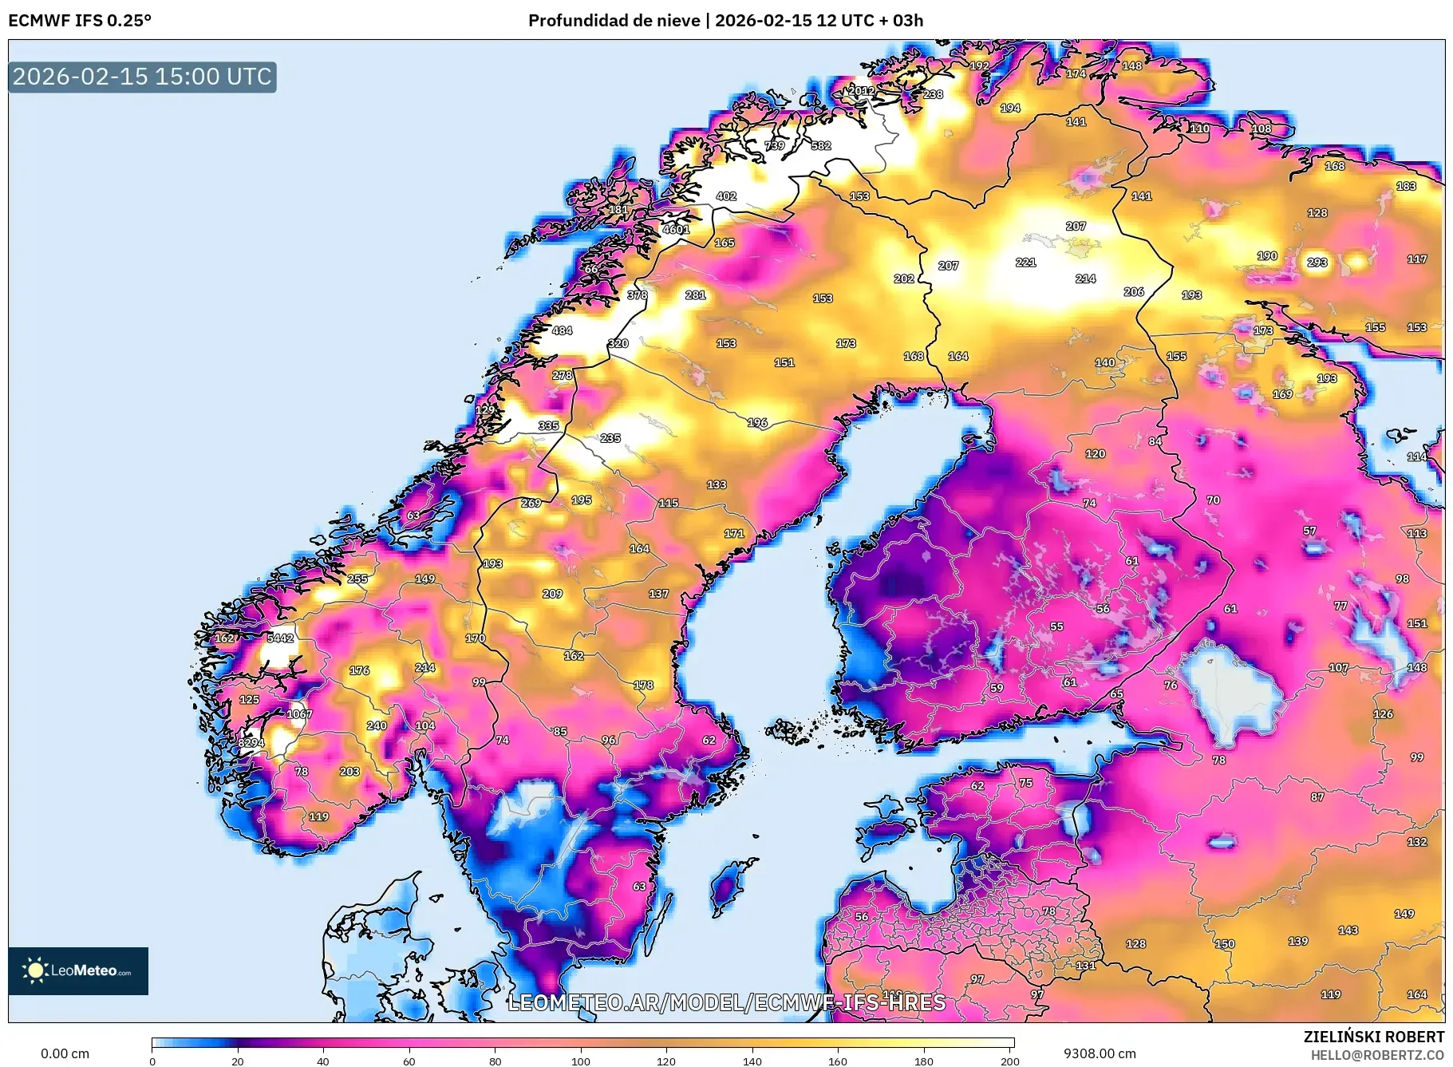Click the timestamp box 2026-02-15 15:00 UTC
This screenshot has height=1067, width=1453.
click(142, 77)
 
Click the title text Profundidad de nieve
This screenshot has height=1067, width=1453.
click(614, 21)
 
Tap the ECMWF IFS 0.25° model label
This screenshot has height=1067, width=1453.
click(80, 21)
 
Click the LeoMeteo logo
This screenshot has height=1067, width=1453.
click(78, 970)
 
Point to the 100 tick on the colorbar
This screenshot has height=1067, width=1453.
click(581, 1061)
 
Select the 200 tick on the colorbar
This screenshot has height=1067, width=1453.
click(1010, 1061)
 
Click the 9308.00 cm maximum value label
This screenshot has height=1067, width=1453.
click(1100, 1053)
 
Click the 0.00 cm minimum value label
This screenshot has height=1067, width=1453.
click(65, 1053)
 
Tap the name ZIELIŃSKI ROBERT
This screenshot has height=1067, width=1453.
click(1373, 1037)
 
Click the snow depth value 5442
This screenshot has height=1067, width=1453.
click(280, 638)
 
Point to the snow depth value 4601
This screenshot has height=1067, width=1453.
click(675, 229)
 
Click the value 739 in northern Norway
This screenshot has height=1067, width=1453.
click(774, 145)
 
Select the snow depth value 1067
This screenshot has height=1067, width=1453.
click(299, 714)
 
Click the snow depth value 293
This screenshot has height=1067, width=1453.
click(1317, 262)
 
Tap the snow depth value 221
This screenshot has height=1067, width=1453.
click(1025, 262)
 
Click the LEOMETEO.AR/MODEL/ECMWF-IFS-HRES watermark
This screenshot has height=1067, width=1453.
click(726, 1002)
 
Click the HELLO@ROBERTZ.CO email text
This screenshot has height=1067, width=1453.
click(1377, 1055)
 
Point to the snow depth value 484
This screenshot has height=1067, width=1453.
click(562, 330)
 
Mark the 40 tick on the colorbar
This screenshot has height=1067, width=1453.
click(322, 1061)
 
